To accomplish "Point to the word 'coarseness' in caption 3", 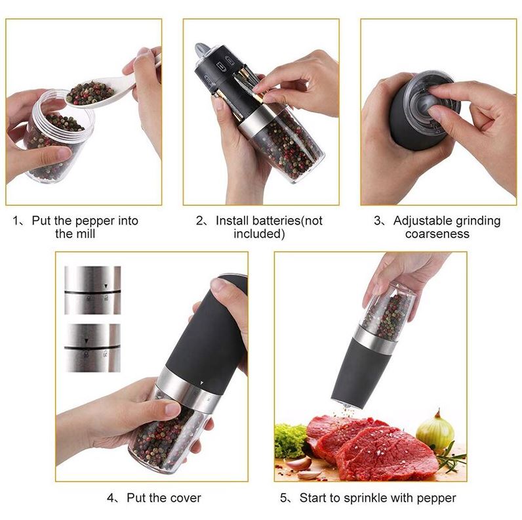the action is (x=437, y=234).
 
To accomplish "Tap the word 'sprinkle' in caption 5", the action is (x=365, y=498).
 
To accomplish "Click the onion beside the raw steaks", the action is (x=434, y=431).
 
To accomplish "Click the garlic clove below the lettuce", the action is (x=298, y=464).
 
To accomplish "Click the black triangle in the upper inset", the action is (x=106, y=286).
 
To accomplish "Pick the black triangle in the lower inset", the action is (x=86, y=341).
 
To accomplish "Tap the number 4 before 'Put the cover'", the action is (x=111, y=498).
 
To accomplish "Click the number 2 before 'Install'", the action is (x=199, y=221).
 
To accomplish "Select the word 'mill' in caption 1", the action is (x=87, y=234).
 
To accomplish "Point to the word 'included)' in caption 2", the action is (x=259, y=234).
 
